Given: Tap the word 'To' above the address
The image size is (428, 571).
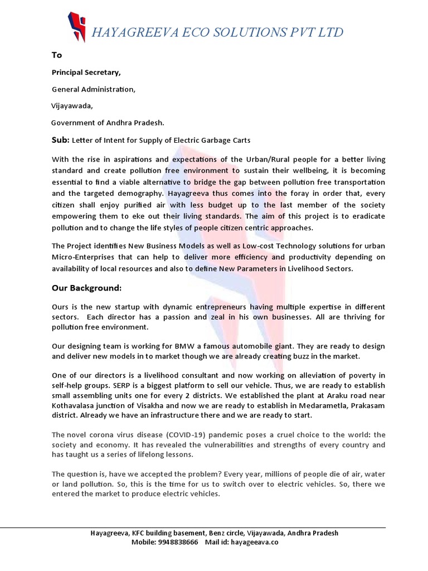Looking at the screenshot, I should [x=57, y=55].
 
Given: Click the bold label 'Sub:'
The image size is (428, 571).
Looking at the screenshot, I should [x=61, y=139].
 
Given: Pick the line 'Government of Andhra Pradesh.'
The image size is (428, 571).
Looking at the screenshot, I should [x=108, y=123].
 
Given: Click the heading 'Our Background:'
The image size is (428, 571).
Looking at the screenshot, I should [x=86, y=288].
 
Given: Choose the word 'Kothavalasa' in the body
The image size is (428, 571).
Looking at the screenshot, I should [x=74, y=405].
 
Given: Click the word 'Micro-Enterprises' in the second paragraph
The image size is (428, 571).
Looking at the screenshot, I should [x=84, y=257].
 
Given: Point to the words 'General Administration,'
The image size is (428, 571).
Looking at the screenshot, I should [x=94, y=89].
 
